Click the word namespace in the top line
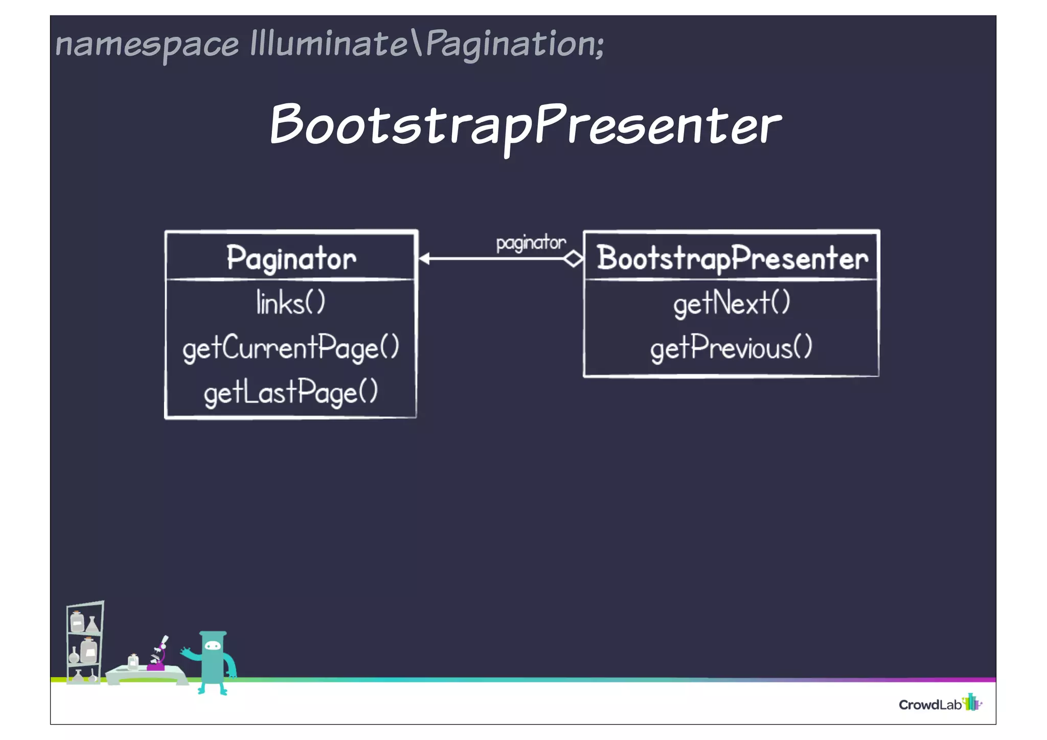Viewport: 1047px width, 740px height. click(x=147, y=45)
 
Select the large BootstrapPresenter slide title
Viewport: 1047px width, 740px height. click(x=526, y=125)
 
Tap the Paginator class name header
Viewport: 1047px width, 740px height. click(x=291, y=258)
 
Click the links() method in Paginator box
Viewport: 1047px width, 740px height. click(x=290, y=303)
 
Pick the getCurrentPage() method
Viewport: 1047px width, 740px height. click(x=290, y=348)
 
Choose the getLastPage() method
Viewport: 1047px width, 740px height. click(x=290, y=393)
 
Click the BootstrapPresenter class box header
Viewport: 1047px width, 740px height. click(x=732, y=258)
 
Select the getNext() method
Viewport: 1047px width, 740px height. click(x=732, y=303)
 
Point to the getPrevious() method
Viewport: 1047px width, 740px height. click(x=731, y=348)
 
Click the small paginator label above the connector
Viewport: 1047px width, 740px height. click(x=531, y=242)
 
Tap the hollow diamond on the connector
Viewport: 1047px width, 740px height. click(x=573, y=259)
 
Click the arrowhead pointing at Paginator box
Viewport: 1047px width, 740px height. click(x=424, y=259)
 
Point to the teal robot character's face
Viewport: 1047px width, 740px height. click(x=213, y=646)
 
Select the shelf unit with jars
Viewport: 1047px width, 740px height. click(x=85, y=642)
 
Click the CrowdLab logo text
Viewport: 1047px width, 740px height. click(x=930, y=705)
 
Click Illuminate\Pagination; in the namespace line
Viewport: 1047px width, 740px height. click(x=427, y=44)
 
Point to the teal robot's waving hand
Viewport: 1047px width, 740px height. click(x=185, y=652)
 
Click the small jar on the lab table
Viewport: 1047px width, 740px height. click(x=133, y=661)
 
